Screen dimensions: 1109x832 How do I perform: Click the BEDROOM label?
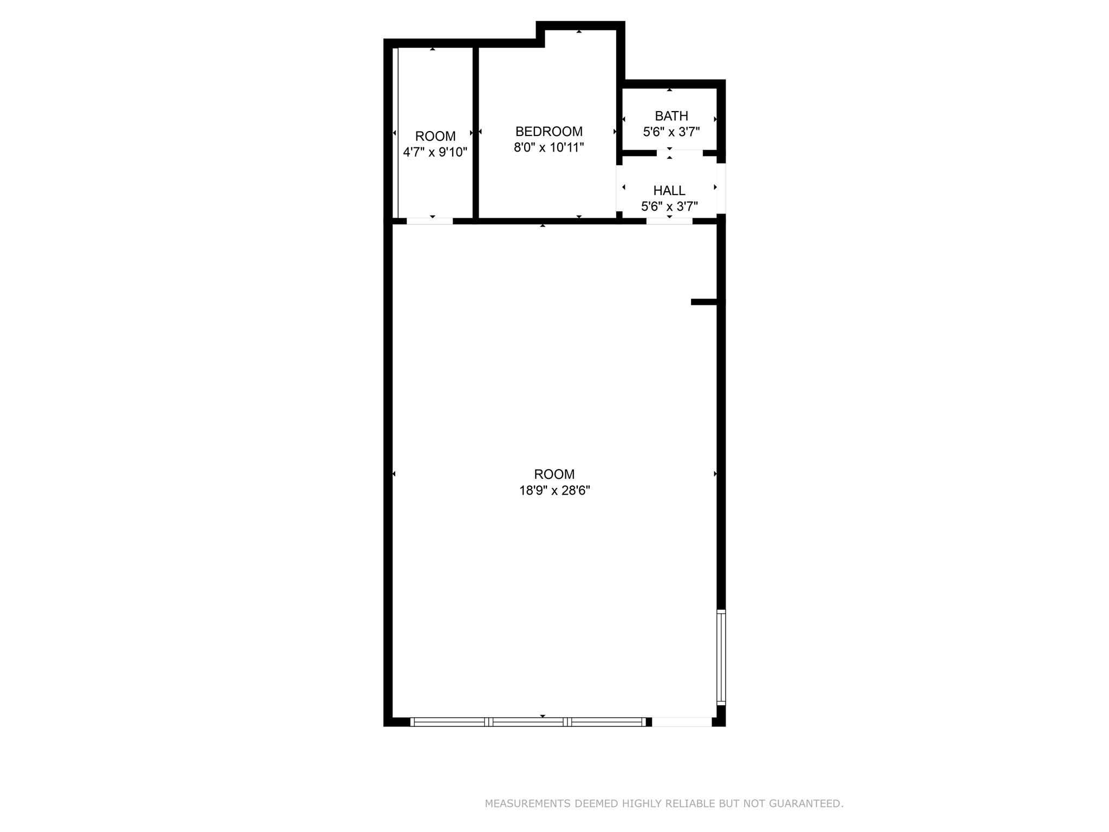point(549,132)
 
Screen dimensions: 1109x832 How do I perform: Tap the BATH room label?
point(671,116)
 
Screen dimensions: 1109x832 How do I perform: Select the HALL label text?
point(669,191)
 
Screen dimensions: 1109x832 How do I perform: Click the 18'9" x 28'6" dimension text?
point(554,491)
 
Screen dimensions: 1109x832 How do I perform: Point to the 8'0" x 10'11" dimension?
point(549,147)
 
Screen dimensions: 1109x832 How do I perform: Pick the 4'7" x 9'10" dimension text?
point(435,152)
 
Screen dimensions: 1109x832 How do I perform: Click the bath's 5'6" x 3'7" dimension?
point(671,132)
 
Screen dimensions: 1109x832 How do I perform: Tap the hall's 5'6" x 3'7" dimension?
point(669,206)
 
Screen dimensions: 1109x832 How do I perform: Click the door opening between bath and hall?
point(680,153)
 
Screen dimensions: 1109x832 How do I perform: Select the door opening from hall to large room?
point(669,221)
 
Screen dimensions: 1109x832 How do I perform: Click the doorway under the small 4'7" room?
point(429,221)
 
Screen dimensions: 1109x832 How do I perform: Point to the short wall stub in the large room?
point(704,302)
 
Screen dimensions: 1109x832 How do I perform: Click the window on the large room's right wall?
point(721,657)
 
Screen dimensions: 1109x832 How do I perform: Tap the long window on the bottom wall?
point(528,721)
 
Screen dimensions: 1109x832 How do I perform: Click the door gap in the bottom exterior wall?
point(682,721)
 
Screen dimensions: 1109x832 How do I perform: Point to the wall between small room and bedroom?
point(475,134)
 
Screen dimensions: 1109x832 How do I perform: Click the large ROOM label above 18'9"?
point(554,474)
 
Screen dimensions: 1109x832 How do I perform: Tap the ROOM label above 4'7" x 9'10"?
point(435,136)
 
